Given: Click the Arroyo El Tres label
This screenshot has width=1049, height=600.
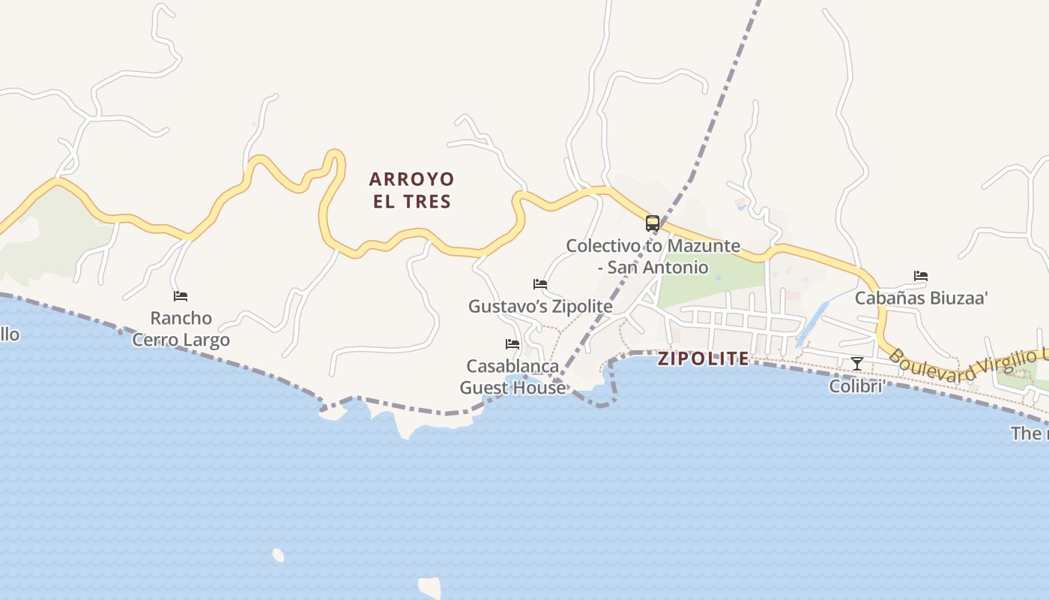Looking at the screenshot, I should [x=411, y=190].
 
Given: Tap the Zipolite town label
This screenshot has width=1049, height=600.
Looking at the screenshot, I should [x=703, y=358].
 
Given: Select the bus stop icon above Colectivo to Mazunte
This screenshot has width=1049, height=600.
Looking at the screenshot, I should [x=653, y=223].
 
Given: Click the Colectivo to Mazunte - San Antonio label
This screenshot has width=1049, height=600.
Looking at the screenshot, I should [x=653, y=256].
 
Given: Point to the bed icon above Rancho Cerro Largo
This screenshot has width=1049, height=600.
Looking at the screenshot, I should [x=181, y=295].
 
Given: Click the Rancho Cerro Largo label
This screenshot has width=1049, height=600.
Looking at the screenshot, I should [x=181, y=328].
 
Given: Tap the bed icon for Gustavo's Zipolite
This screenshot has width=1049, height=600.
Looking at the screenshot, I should [x=540, y=283].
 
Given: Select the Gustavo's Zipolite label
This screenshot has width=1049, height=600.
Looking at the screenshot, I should [x=540, y=306].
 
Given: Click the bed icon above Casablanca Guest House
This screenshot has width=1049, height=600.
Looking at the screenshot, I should [x=513, y=343].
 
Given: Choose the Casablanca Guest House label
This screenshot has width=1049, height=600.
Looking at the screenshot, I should [x=513, y=376].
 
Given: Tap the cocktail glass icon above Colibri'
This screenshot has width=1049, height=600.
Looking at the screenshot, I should [x=857, y=364].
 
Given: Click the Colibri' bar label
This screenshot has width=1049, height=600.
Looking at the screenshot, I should [x=857, y=385].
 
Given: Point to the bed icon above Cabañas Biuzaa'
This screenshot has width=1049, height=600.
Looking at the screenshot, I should [x=921, y=276].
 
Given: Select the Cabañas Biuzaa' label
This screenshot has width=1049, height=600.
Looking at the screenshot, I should [x=921, y=298].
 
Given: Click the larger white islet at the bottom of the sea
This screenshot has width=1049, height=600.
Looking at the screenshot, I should [x=430, y=586].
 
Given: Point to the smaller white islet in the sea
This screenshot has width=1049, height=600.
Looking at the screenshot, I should [x=278, y=555].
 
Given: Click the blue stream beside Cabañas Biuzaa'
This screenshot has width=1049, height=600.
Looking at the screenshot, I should [x=817, y=319].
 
